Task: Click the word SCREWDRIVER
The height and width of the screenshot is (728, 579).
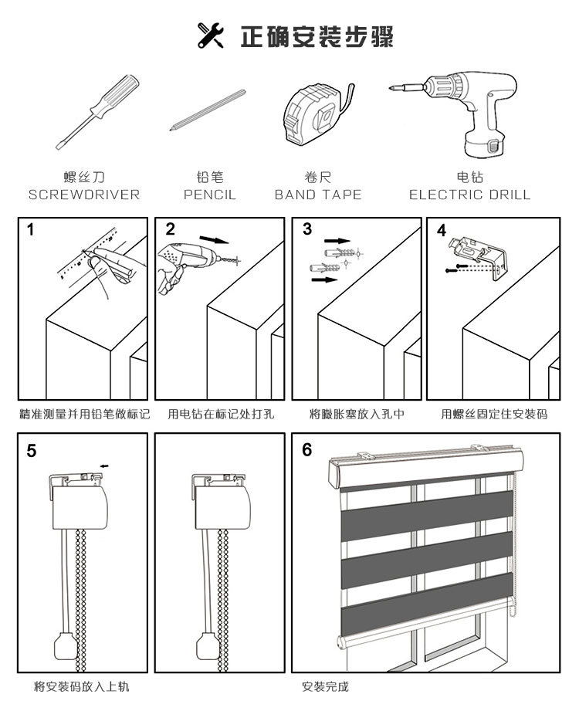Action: coord(84,195)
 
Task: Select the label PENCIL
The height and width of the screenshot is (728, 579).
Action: coord(210,195)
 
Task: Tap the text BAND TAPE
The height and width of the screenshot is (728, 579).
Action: coord(318,195)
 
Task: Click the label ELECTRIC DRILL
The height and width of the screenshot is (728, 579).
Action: coord(469,195)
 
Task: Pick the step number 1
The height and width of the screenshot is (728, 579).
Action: coord(31,229)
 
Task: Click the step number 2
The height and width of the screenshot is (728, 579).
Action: coord(171,229)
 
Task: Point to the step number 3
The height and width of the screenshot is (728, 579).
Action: coord(307,229)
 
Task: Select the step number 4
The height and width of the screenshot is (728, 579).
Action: coord(441,231)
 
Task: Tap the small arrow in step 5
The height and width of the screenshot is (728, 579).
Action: coord(105,466)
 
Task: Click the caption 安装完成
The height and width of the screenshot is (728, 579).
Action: coord(325,686)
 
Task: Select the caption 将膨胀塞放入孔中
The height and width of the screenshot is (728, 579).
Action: coord(357,415)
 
